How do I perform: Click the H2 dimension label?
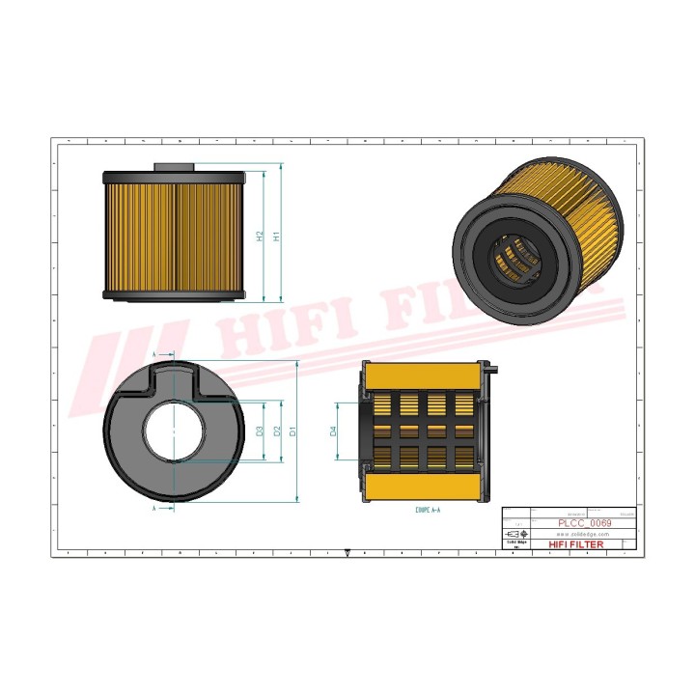click(x=260, y=236)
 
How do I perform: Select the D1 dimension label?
click(x=292, y=431)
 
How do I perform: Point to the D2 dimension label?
click(x=276, y=431)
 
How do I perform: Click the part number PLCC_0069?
click(x=585, y=522)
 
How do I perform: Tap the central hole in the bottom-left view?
click(x=175, y=431)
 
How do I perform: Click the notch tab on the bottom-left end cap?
click(x=175, y=375)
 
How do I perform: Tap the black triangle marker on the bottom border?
click(x=347, y=553)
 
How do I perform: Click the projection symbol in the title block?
click(x=518, y=534)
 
